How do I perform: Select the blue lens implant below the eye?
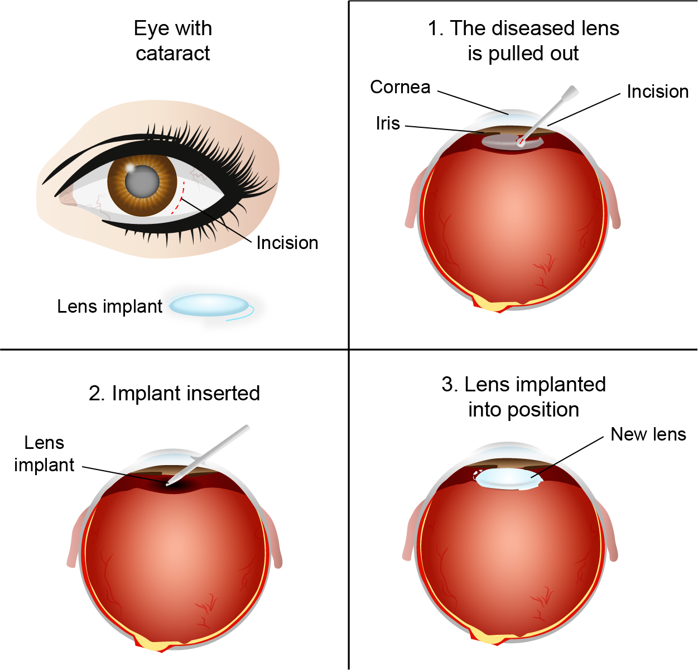[x=209, y=305]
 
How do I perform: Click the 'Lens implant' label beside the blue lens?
[x=109, y=307]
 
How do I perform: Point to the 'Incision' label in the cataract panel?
[x=287, y=243]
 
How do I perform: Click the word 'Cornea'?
[x=400, y=87]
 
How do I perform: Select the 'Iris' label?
[x=388, y=123]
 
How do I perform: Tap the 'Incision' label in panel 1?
[x=657, y=92]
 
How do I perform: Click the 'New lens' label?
[x=648, y=434]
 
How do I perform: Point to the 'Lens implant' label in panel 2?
[x=44, y=454]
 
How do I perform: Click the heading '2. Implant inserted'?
[x=174, y=394]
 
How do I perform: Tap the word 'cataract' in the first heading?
[x=173, y=54]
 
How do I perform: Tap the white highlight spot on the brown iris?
[x=129, y=167]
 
